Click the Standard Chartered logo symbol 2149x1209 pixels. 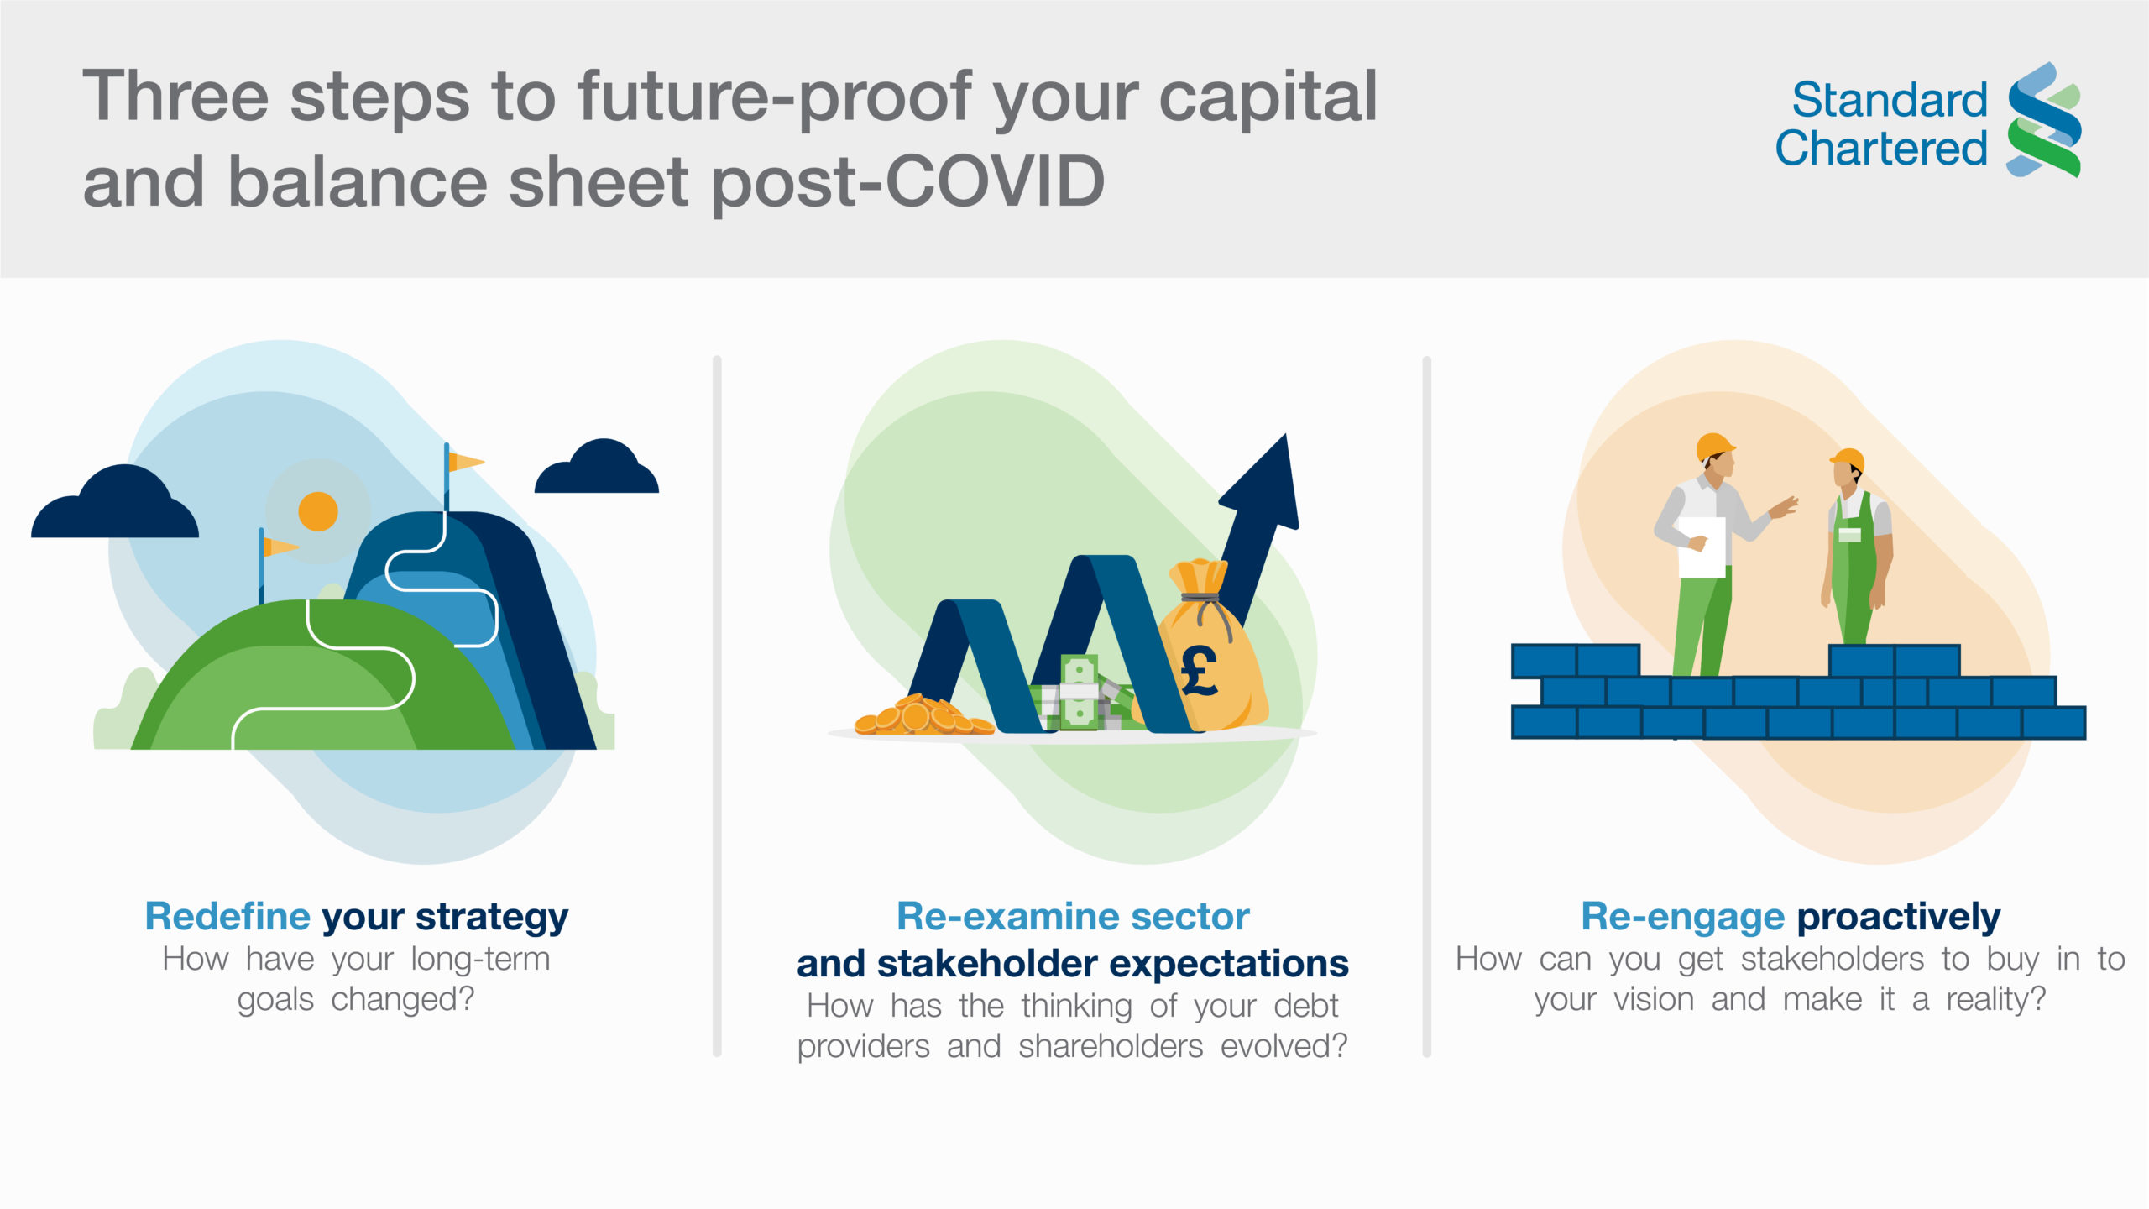(x=2044, y=119)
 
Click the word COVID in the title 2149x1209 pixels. (x=995, y=181)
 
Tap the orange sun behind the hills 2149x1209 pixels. (x=318, y=511)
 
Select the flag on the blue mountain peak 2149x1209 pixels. (x=464, y=462)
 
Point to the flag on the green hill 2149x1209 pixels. (x=279, y=547)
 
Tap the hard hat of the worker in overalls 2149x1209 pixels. (x=1849, y=460)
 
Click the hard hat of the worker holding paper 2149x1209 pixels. (x=1715, y=446)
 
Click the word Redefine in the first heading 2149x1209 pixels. (x=227, y=916)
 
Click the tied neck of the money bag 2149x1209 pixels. (x=1200, y=599)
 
